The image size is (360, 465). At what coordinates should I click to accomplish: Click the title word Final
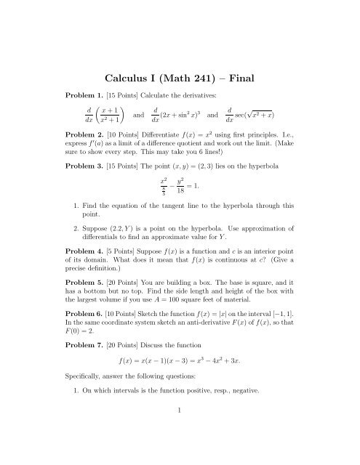pyautogui.click(x=255, y=77)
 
